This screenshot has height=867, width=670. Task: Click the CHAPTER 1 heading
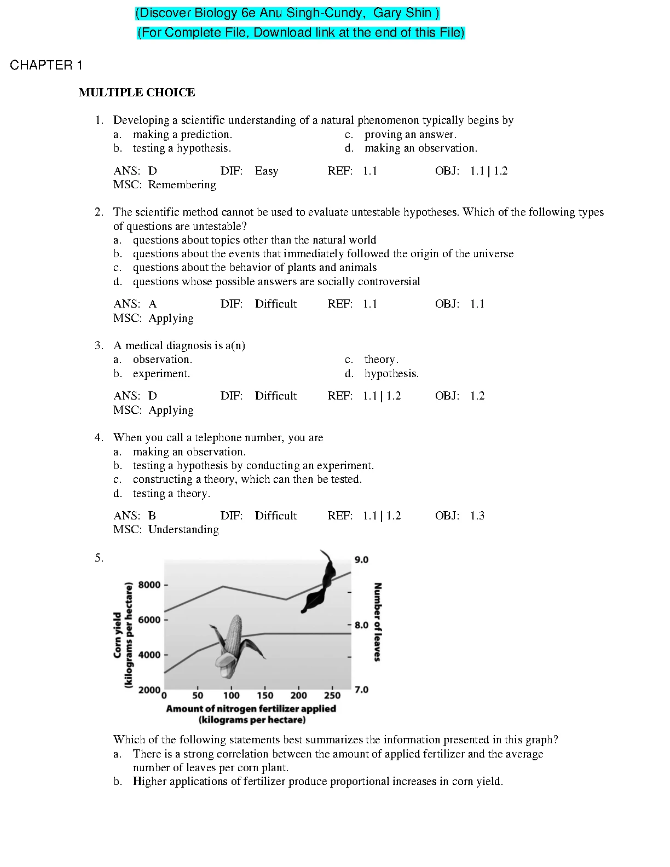46,65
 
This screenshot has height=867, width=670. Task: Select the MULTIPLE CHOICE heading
137,93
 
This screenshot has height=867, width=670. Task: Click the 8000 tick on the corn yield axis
149,585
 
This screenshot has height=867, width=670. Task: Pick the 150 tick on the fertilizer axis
265,695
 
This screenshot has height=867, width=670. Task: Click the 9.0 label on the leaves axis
361,559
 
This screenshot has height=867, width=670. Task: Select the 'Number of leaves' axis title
377,622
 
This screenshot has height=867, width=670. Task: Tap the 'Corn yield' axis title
118,635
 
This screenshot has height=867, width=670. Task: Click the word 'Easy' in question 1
267,171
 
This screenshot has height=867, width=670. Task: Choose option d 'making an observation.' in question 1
420,148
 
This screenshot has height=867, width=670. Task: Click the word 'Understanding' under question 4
183,529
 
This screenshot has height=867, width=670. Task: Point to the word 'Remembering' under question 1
182,184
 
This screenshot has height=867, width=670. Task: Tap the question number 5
99,558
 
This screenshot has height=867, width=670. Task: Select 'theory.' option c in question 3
381,359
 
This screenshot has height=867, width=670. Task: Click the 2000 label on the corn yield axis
149,690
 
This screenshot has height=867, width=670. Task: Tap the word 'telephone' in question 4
218,437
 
